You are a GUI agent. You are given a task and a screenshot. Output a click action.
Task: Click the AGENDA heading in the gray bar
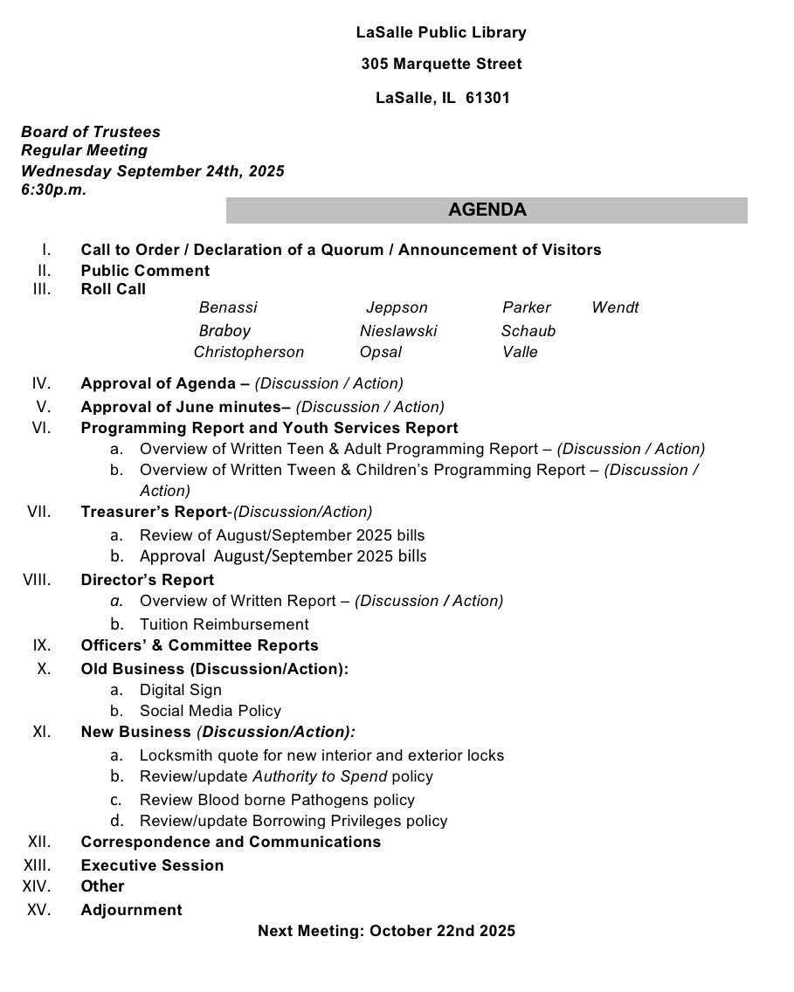coord(487,210)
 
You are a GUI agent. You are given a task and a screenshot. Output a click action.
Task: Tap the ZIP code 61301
coord(487,98)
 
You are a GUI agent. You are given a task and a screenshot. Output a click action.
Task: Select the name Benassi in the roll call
coord(228,307)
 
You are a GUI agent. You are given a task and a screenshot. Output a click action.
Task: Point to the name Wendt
coord(615,307)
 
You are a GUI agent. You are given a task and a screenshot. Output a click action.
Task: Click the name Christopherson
coord(249,352)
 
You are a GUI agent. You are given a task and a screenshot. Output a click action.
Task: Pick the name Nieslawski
coord(398,331)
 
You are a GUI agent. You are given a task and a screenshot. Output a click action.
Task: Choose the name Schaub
coord(528,331)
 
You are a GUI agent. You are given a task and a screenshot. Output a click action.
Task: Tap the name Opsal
coord(381,352)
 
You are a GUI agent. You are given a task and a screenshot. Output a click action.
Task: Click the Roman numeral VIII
coord(39,579)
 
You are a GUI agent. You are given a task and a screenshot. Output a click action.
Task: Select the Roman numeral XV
coord(39,909)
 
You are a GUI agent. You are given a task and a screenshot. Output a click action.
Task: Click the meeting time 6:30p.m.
coord(54,189)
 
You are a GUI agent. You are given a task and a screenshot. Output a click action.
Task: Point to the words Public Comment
coord(145,271)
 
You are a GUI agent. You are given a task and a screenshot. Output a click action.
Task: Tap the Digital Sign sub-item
coord(181,690)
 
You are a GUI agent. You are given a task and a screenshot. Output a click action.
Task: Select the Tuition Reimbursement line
coord(224,624)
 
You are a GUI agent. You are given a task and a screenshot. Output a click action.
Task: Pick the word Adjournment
coord(131,910)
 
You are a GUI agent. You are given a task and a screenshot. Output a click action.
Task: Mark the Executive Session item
coord(152,865)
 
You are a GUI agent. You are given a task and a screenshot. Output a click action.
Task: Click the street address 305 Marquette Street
coord(441,64)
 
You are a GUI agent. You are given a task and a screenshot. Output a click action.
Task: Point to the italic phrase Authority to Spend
coord(320,776)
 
